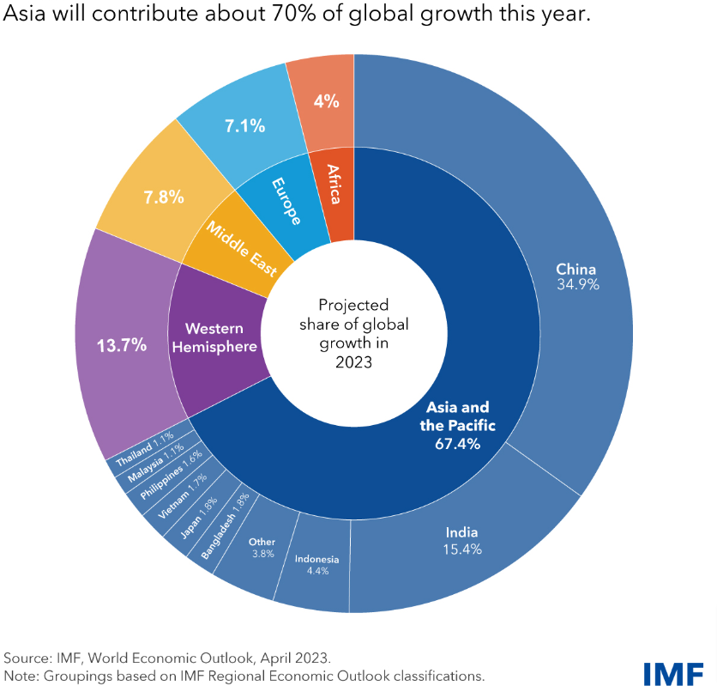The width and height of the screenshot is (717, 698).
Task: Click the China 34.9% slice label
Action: (575, 276)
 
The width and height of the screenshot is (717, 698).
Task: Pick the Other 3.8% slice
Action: (262, 548)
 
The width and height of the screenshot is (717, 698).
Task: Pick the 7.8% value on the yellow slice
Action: (164, 197)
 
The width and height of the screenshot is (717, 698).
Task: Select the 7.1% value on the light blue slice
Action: (244, 125)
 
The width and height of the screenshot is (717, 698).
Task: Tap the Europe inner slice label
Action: (286, 201)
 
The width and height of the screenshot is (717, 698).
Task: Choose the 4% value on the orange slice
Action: (326, 100)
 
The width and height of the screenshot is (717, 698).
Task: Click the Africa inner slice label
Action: (333, 183)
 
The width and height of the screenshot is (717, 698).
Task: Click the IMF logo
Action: (674, 672)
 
